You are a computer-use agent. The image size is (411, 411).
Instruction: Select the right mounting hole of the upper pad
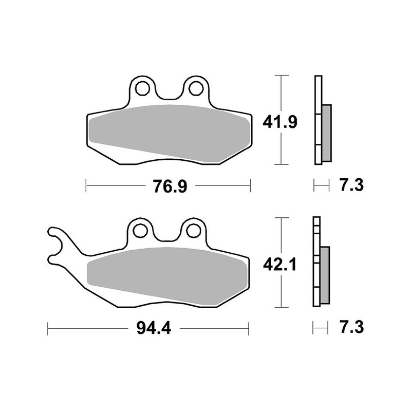(x=195, y=88)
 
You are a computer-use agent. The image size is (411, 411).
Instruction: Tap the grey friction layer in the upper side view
(x=326, y=132)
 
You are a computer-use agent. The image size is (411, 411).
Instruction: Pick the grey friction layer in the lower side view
(x=324, y=274)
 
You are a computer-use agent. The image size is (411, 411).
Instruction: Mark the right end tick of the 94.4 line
(x=249, y=327)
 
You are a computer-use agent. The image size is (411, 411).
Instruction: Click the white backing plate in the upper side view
(x=317, y=92)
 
